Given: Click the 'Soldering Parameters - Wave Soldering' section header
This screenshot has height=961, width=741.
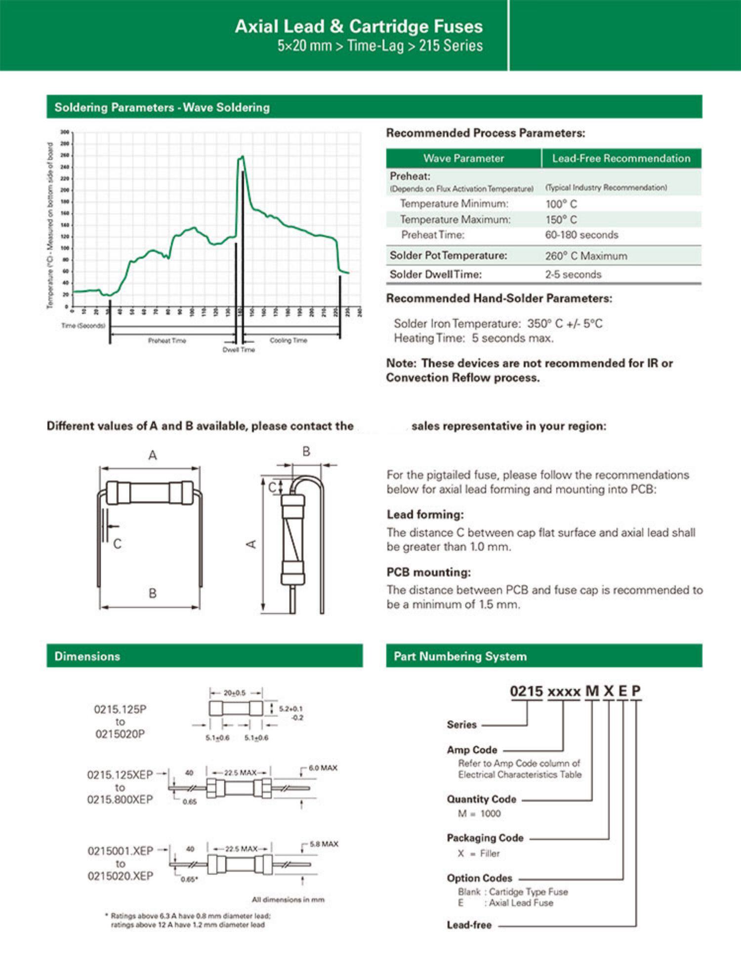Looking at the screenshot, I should tap(162, 107).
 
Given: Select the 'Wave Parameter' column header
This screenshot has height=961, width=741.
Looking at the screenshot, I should tap(463, 158).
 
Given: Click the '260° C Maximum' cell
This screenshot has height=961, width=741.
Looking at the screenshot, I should tap(586, 256).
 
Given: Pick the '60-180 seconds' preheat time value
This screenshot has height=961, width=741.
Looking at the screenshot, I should tap(581, 235).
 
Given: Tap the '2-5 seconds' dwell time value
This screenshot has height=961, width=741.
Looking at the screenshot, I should tap(573, 274).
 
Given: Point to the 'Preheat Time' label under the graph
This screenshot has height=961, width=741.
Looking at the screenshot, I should tap(167, 341).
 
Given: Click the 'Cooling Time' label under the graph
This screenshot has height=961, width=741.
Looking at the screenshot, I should tap(288, 341).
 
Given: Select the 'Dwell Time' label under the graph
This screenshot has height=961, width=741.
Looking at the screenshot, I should tap(239, 350).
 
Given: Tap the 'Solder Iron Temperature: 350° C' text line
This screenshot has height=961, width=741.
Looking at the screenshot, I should tap(498, 324).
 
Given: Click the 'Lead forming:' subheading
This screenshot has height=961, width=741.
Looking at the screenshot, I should tap(425, 514).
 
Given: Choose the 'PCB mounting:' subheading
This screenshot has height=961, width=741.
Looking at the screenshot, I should tap(428, 572).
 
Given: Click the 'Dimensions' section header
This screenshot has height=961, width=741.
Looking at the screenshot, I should tap(87, 656).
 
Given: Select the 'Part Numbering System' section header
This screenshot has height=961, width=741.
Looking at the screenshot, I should tap(460, 656).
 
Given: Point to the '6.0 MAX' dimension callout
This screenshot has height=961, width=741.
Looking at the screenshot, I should tap(323, 768).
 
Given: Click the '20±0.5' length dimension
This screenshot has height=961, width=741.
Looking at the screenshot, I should tap(234, 693).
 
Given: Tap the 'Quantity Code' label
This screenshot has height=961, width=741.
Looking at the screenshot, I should tap(481, 799).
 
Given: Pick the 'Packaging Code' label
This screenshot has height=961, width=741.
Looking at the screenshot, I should tap(485, 838).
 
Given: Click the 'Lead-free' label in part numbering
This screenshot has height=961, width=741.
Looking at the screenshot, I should tap(469, 925).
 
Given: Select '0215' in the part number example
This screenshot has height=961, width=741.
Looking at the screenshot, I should tap(526, 692).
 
